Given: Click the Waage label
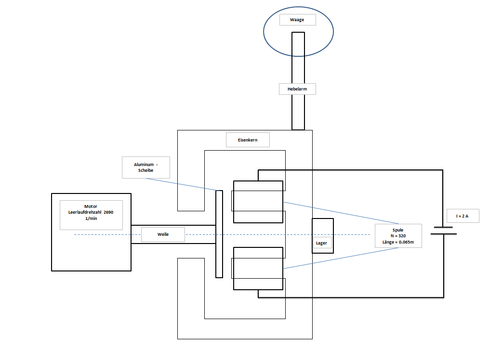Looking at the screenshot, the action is pos(297,20).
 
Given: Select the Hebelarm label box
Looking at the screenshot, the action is pos(297,89).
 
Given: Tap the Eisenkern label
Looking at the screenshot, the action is pos(248,140).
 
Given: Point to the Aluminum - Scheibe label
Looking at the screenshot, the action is pos(145,167).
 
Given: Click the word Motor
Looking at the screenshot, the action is pos(91,206).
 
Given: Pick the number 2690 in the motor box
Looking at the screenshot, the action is pos(108,212).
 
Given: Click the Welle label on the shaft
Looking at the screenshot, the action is pos(163,234).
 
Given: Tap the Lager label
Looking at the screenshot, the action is pos(321,243).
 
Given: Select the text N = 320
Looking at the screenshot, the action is pos(398,236).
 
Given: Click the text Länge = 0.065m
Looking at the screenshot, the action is pos(398,242).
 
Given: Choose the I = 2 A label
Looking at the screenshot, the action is pos(462,216).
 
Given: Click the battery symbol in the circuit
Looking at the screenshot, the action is pos(443,231).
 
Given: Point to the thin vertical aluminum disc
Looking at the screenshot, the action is pos(219,234).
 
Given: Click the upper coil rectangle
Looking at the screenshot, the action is pos(258,202).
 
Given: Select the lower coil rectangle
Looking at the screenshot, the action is pos(258,269).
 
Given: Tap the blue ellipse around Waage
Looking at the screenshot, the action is pos(264,31).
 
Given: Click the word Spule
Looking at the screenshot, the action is pos(398,230).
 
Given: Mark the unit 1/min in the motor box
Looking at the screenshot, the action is pos(91,219).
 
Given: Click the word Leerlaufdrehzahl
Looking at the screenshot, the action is pos(85,212).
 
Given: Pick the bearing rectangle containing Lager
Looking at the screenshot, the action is pos(323,236).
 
